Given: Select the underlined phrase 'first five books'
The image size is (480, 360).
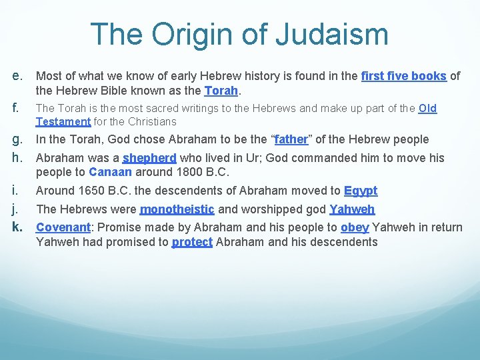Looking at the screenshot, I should click(x=403, y=76).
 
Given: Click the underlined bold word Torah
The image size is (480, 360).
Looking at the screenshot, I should click(x=221, y=90).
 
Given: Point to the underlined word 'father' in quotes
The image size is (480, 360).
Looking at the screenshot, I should click(x=291, y=139).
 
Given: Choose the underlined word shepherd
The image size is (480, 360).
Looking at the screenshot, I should click(x=149, y=158).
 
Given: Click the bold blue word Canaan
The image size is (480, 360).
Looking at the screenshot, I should click(x=110, y=172).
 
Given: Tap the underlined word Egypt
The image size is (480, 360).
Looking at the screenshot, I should click(x=361, y=191).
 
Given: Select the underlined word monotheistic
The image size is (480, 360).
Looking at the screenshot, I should click(x=177, y=209).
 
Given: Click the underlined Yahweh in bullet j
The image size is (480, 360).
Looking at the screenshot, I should click(x=352, y=209).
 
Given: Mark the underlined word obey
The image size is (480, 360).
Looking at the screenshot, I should click(x=355, y=227).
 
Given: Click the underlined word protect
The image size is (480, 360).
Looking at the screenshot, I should click(x=192, y=241).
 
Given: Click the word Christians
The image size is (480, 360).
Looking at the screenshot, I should click(x=153, y=121).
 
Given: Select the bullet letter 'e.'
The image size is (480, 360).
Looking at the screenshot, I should click(x=19, y=75).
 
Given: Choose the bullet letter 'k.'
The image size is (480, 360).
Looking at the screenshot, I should click(x=19, y=227).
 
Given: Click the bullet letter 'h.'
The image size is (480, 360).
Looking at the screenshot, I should click(x=19, y=158).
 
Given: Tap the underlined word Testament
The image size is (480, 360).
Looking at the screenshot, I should click(x=63, y=121).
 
